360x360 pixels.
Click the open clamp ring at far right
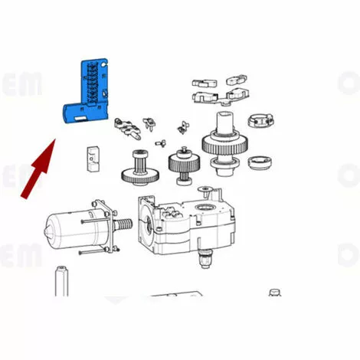point(260,120)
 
